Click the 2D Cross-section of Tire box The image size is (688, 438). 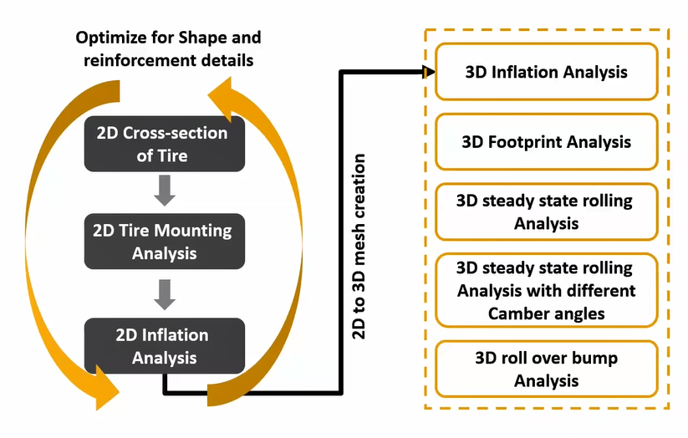point(164,144)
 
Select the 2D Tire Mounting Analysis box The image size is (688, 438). point(164,240)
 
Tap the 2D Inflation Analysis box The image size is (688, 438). point(164,345)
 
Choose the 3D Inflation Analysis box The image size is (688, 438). point(546,72)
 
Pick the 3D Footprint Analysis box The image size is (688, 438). point(546,142)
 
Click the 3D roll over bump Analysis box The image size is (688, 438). point(546,369)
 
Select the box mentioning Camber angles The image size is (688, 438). point(546,291)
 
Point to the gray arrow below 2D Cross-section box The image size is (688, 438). point(165,190)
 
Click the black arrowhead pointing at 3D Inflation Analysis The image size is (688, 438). point(428,73)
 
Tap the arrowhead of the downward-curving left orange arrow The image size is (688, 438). point(109,385)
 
